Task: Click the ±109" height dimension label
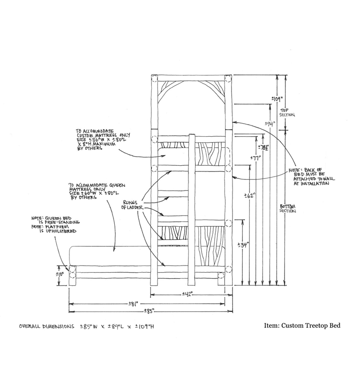277,99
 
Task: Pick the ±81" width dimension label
133,304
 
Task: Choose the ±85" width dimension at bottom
151,311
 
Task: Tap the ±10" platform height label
60,274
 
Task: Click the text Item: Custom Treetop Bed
302,326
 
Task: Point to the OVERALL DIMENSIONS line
87,326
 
